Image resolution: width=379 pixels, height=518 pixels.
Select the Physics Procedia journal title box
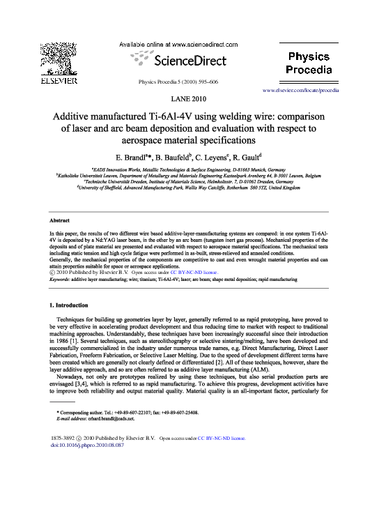[x=311, y=61]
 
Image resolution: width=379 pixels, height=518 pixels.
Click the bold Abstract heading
[x=54, y=220]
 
